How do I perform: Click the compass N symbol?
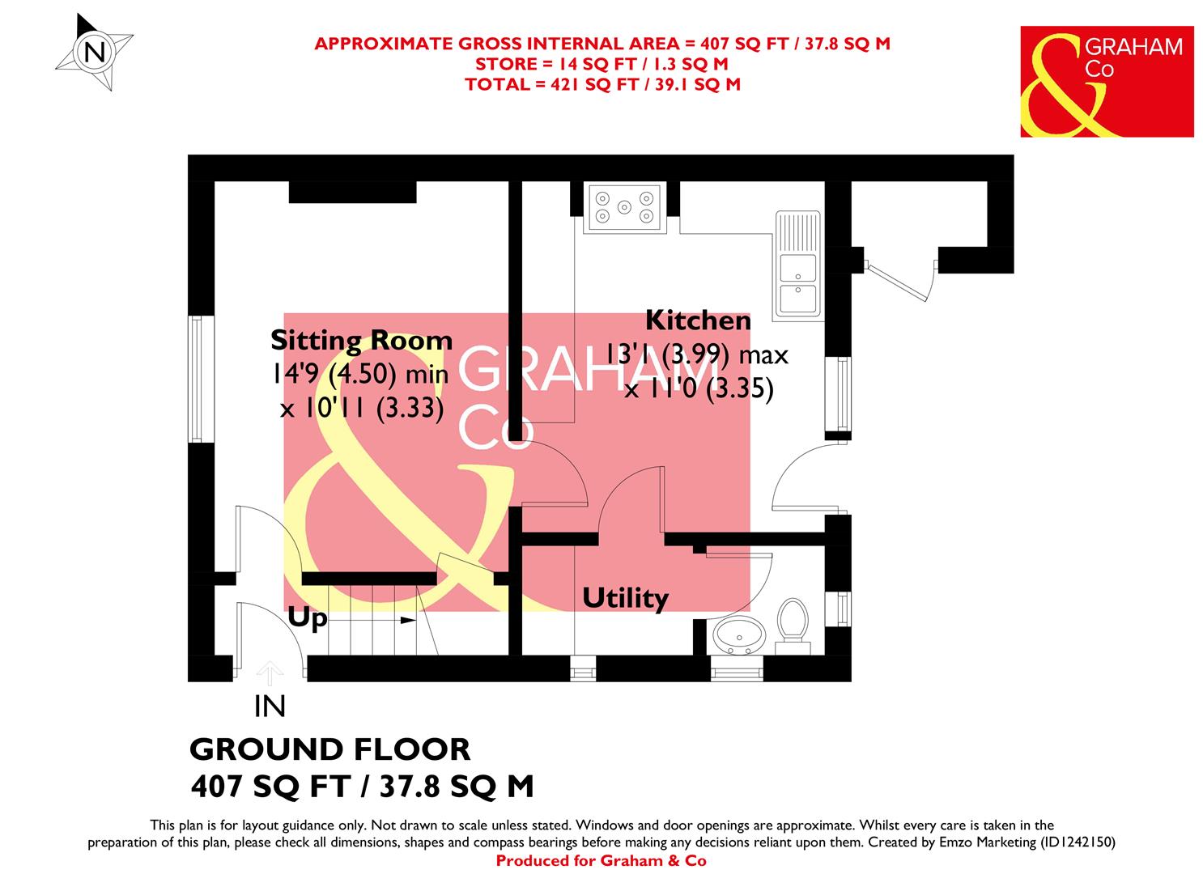click(x=95, y=53)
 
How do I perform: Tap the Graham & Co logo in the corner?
click(x=1106, y=81)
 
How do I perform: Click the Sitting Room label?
click(x=361, y=341)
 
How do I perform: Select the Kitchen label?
click(x=698, y=320)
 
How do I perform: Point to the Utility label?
click(x=625, y=599)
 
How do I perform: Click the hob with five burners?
click(x=624, y=206)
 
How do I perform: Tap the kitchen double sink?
click(x=798, y=263)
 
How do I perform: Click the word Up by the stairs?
click(x=308, y=619)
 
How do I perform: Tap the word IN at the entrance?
click(x=270, y=707)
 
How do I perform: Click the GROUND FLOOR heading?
click(x=329, y=749)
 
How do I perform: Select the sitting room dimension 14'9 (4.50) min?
click(x=360, y=375)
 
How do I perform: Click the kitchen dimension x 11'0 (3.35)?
click(x=698, y=390)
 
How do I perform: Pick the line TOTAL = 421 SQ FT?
click(x=602, y=84)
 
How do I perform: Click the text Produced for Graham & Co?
click(x=601, y=861)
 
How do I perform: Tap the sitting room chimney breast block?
click(x=353, y=193)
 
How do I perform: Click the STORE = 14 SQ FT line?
click(x=601, y=64)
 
